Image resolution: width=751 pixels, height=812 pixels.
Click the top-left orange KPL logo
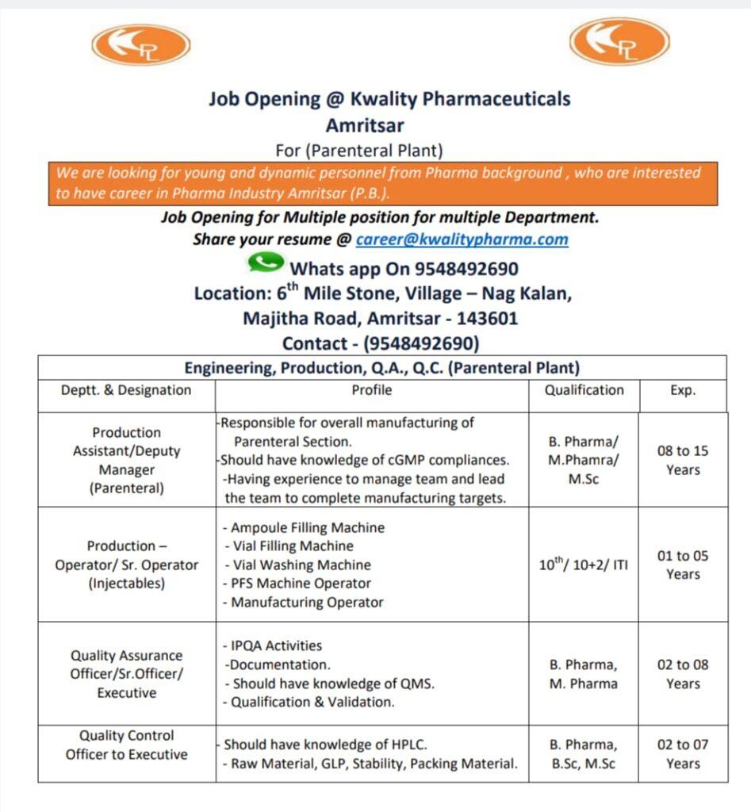140,44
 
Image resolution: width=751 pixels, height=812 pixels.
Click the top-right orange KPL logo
619,41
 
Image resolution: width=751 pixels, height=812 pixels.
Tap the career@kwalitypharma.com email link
462,239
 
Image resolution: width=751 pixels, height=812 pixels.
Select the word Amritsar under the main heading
364,125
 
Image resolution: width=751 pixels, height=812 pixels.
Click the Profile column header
372,390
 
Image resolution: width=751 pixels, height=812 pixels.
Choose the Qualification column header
584,390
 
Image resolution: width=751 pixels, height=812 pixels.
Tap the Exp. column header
682,390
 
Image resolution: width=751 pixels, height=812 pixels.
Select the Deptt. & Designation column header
126,390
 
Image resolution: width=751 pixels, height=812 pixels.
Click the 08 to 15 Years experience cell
683,460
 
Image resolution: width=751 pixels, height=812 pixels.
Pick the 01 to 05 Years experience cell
683,565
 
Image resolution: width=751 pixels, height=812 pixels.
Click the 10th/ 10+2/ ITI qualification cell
584,565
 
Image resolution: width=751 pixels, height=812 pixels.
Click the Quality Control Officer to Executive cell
127,745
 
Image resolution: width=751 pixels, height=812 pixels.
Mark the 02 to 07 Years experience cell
683,754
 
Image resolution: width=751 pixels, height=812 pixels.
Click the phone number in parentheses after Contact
421,343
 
